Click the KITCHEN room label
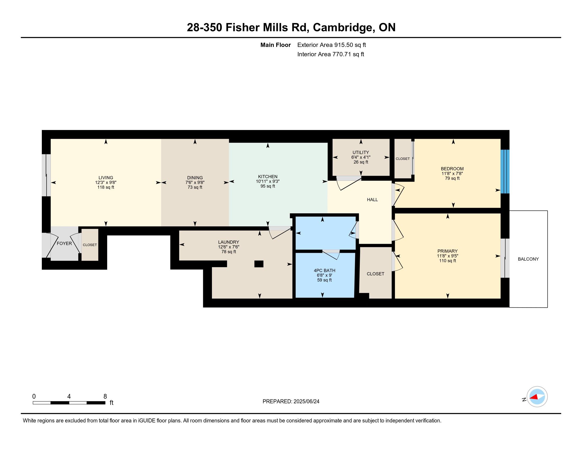267,177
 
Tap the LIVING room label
106,178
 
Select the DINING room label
195,178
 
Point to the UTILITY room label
361,152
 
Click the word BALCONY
528,259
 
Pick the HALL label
372,200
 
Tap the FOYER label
64,243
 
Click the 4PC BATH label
324,271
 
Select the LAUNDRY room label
228,242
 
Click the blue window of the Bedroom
505,172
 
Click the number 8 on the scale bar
105,397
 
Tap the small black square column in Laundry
259,264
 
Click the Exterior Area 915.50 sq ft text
331,45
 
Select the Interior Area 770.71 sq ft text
330,54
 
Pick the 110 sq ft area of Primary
447,261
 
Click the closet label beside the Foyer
89,245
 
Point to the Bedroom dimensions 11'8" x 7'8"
452,174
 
